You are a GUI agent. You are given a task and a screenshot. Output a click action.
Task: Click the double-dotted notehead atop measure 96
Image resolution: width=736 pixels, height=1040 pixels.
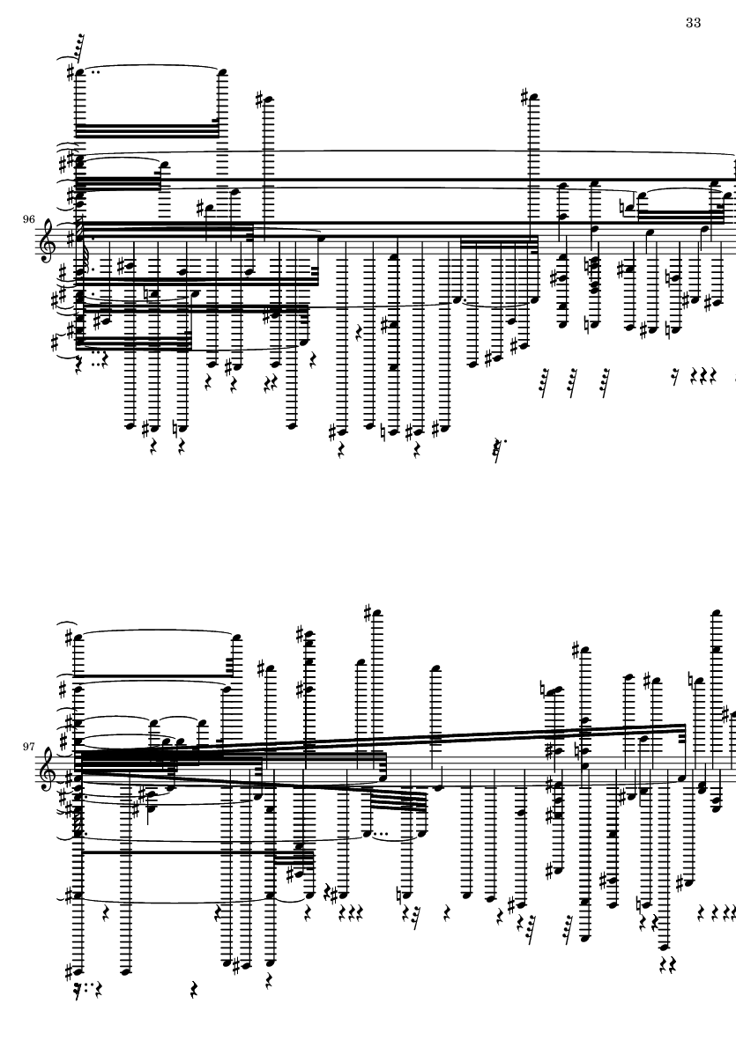81,71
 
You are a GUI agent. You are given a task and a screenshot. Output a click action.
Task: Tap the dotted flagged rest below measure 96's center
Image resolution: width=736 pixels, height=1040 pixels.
500,449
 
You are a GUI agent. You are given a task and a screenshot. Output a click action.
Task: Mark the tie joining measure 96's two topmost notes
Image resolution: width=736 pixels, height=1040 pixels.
150,67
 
